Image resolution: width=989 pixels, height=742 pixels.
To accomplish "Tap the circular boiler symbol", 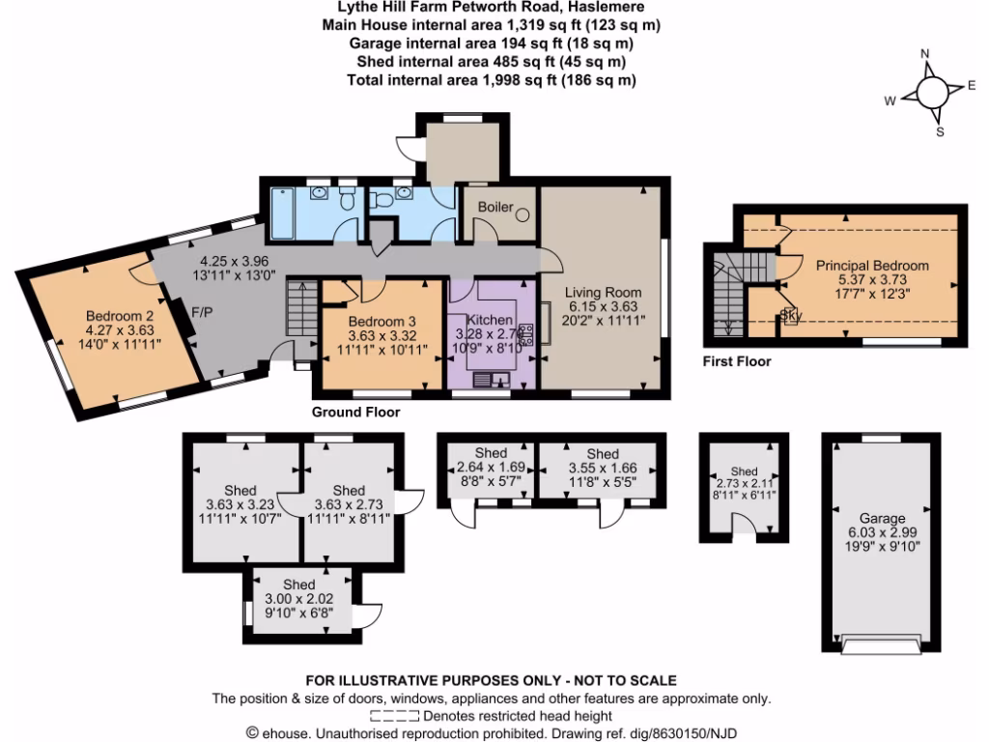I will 523,214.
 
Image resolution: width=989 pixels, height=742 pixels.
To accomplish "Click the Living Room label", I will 604,292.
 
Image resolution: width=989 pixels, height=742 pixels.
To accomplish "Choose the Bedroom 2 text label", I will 120,316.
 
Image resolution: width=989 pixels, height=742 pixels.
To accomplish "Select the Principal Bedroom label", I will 872,265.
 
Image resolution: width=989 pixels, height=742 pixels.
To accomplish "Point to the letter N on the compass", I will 924,54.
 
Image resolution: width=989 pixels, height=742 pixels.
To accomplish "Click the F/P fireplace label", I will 202,312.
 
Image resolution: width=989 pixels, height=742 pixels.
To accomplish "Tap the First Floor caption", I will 737,362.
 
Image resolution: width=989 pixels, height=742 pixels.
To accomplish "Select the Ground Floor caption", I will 355,412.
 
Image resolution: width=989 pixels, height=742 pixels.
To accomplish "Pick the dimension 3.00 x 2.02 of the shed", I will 298,600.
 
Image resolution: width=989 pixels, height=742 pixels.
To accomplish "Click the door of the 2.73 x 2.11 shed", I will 745,524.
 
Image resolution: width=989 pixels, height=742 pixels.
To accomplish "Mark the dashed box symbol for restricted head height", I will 394,716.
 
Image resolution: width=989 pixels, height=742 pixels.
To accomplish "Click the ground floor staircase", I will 298,308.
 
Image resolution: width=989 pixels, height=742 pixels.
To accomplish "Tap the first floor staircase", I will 726,290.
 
